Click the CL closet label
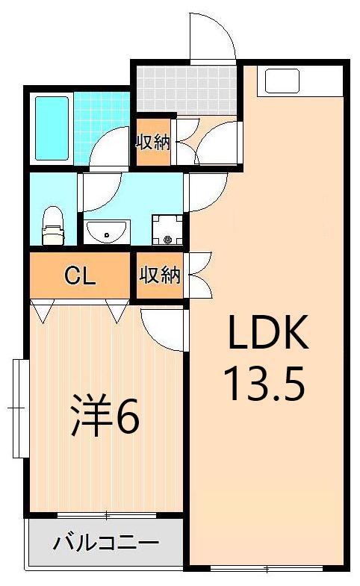(80, 276)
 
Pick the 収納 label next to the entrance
(153, 141)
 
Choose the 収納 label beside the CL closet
(160, 276)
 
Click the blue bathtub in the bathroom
(52, 128)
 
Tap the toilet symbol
(52, 225)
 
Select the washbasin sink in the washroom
(107, 232)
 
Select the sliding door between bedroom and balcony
(105, 515)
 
